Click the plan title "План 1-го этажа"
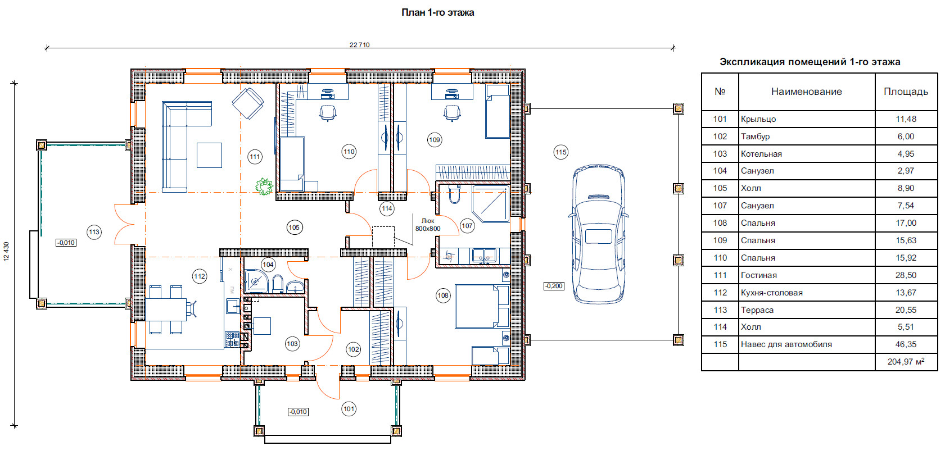click(437, 13)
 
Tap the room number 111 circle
click(255, 157)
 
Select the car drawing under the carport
click(598, 234)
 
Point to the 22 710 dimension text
click(359, 45)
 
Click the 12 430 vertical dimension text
click(6, 252)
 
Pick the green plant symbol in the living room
click(264, 186)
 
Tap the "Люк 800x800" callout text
click(428, 225)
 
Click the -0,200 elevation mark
click(554, 286)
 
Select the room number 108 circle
click(443, 295)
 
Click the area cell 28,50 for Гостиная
click(906, 275)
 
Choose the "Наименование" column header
click(806, 92)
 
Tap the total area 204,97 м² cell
click(906, 361)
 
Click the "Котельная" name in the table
click(761, 154)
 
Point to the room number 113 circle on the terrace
click(94, 232)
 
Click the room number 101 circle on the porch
click(349, 408)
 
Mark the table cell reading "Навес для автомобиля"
click(786, 344)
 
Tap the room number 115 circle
click(560, 152)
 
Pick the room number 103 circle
click(292, 344)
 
